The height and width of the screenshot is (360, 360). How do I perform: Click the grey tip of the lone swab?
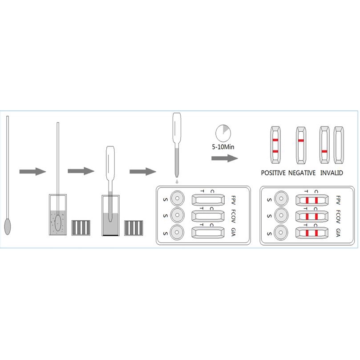8,226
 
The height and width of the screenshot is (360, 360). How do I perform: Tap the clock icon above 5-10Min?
223,133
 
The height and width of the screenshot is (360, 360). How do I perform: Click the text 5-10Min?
224,146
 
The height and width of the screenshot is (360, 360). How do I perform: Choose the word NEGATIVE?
302,173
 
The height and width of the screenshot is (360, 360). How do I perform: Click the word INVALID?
331,173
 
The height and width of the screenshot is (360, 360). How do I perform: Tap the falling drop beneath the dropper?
177,182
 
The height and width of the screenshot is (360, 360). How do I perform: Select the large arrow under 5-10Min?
224,158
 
